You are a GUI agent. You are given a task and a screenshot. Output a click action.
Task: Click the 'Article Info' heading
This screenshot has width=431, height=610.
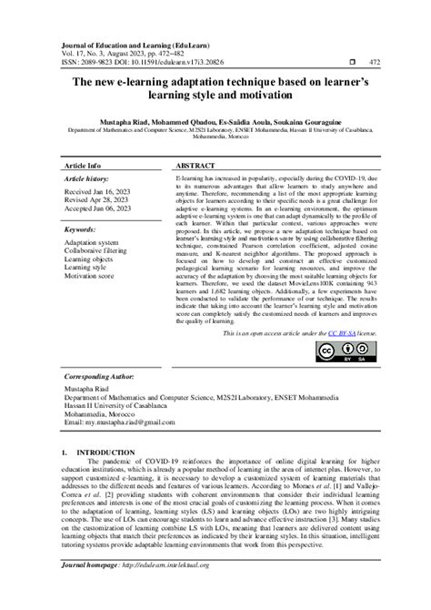coord(83,168)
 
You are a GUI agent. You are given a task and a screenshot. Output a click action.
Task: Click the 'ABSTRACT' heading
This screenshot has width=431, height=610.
coord(195,168)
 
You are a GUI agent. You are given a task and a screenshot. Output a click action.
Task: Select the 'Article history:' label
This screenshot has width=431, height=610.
coord(88,181)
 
